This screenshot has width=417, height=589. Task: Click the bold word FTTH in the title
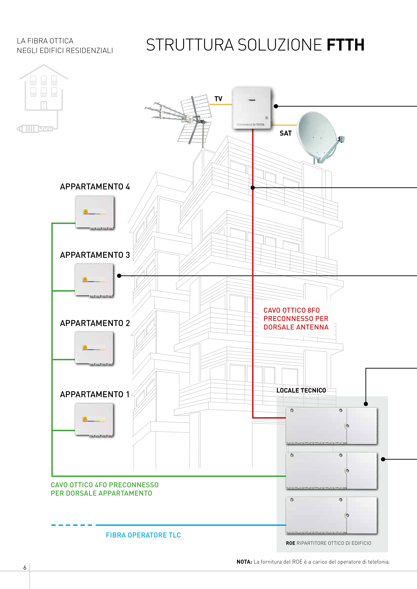click(x=345, y=45)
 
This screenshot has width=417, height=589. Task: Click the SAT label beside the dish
click(x=285, y=133)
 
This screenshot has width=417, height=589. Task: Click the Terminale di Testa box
click(x=252, y=108)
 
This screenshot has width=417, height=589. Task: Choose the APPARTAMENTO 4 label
click(x=95, y=187)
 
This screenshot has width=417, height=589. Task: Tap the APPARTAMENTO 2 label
click(x=95, y=323)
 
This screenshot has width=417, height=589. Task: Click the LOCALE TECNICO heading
click(x=301, y=390)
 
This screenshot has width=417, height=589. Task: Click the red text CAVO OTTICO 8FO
click(x=292, y=310)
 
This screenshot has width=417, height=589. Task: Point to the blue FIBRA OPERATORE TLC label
click(x=143, y=535)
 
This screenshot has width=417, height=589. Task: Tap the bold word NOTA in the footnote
click(x=244, y=562)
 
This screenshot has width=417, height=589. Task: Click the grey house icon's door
click(x=44, y=105)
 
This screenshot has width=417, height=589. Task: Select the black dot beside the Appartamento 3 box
click(x=119, y=276)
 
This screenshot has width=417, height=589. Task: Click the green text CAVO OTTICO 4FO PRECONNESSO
click(x=105, y=485)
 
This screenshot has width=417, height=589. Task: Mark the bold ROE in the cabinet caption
click(x=290, y=543)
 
